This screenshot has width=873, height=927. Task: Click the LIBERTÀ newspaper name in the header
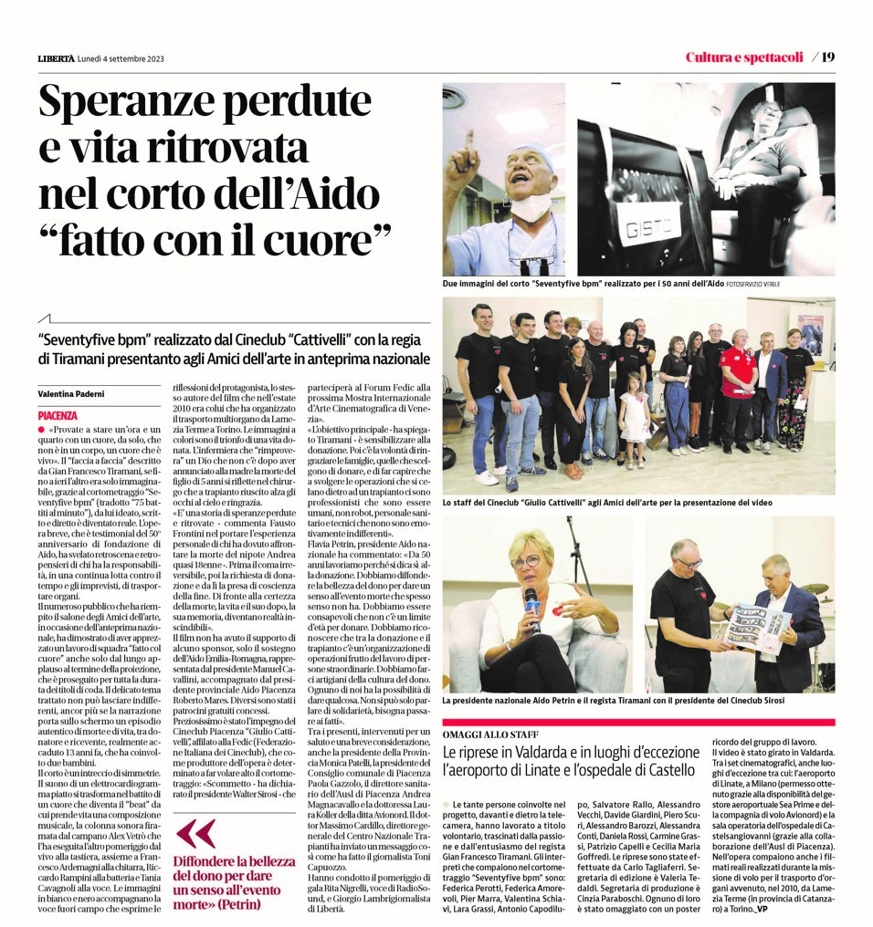pos(56,58)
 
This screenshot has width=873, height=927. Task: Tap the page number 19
pos(827,57)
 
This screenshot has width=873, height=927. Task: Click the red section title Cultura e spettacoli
pos(744,57)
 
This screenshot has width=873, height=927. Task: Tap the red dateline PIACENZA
pos(58,415)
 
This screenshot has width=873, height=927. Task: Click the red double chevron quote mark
pos(195,833)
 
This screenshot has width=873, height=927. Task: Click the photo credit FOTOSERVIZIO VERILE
pos(758,285)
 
